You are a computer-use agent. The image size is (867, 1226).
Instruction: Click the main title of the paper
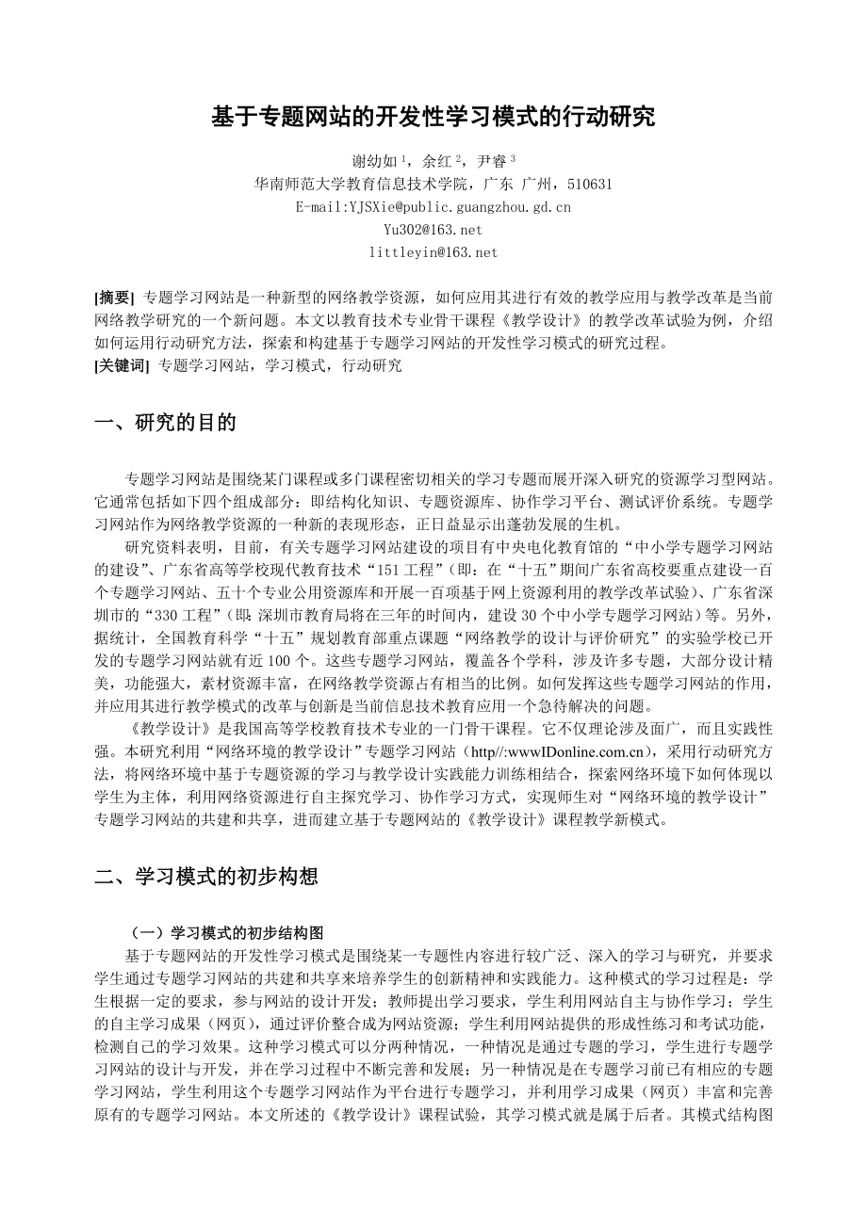433,118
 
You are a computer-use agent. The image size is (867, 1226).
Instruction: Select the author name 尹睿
491,161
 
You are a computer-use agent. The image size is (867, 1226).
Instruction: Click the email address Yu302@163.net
433,230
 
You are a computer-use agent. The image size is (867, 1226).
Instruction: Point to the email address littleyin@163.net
433,252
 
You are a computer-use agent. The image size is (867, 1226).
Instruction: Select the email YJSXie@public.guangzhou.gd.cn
433,207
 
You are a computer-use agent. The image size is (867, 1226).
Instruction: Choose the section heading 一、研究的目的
166,424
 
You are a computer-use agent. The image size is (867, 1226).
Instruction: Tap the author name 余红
433,161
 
